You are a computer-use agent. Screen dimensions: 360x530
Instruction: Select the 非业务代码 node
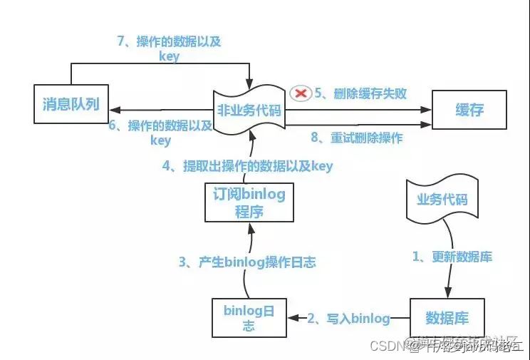coord(250,110)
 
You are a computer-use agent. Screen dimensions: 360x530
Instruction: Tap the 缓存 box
coord(469,110)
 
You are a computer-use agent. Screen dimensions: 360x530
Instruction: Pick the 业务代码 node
coord(442,199)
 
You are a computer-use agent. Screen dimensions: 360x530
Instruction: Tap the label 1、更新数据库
coord(452,257)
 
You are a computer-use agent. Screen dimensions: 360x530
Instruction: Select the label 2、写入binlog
coord(349,318)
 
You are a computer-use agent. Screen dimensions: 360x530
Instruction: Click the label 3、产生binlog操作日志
coord(247,262)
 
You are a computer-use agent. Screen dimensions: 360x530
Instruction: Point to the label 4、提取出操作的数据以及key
coord(248,166)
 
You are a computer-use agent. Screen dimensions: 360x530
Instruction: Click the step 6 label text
coord(161,133)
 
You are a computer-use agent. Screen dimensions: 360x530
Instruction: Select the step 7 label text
coord(168,48)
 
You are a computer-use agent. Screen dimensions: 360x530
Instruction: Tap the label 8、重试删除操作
coord(357,138)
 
